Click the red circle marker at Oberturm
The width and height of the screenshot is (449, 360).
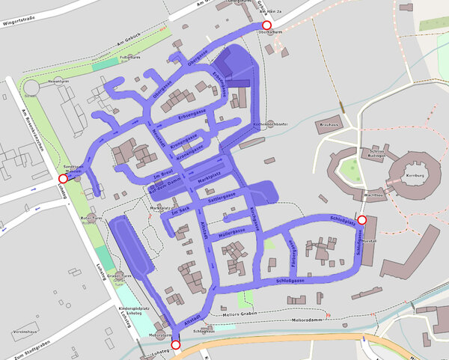tap(266, 25)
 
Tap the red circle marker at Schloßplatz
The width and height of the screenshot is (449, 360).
tap(362, 220)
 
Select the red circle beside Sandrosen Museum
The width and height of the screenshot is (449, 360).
tap(63, 179)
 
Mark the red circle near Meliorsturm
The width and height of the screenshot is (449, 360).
tap(175, 345)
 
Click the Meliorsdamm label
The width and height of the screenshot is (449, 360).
tap(309, 320)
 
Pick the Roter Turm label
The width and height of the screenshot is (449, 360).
tap(90, 218)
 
